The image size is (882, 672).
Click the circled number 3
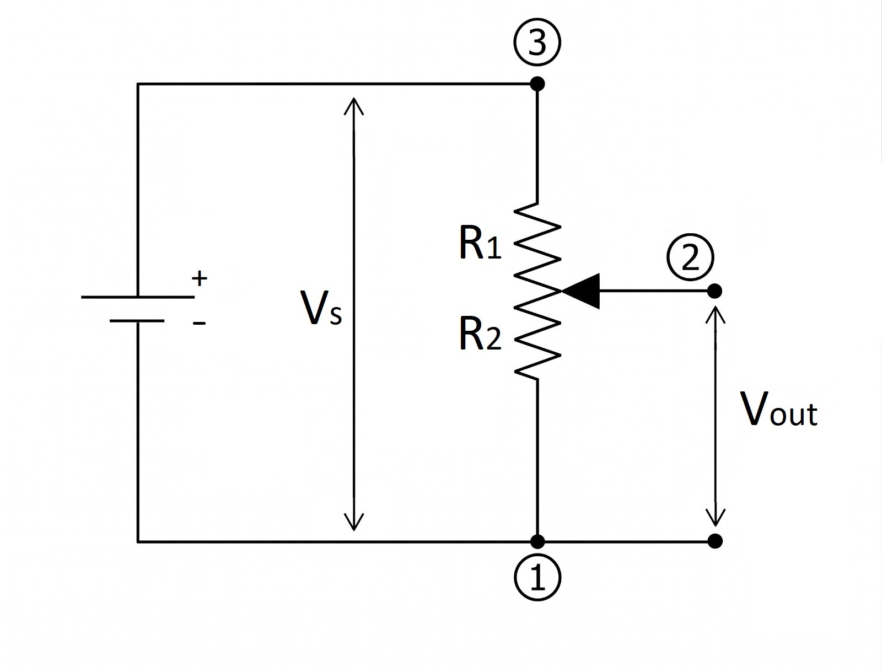point(537,42)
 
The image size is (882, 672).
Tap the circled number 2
point(690,257)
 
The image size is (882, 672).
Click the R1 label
point(480,245)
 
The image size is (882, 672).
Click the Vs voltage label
point(321,309)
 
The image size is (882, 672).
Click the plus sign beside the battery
point(200,278)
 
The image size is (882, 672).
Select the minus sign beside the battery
point(200,323)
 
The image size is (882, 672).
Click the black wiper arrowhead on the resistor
point(580,291)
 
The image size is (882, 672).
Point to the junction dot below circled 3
point(537,84)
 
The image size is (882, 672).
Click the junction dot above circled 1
point(537,541)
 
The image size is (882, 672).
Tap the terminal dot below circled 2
point(714,291)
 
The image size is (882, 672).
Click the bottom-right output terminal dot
point(715,541)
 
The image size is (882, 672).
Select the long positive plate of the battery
point(138,297)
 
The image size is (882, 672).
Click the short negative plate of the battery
point(137,321)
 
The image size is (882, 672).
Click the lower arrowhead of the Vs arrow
point(354,522)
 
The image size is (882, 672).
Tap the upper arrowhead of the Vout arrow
point(715,314)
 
